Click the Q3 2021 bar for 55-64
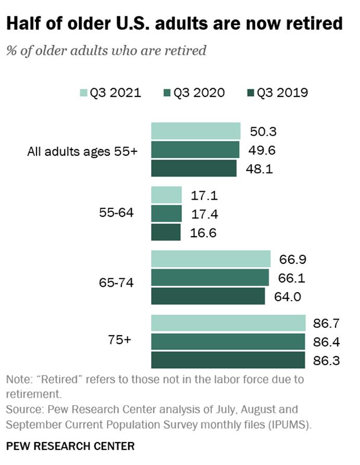tap(166, 195)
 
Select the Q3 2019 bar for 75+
tap(228, 360)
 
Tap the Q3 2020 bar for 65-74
tap(210, 277)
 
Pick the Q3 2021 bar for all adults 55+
tap(195, 131)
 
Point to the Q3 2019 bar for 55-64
tap(166, 232)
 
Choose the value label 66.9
tap(291, 259)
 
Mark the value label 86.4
tap(326, 341)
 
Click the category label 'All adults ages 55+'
tap(82, 152)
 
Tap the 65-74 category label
tap(116, 283)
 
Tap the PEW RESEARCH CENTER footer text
tap(70, 446)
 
